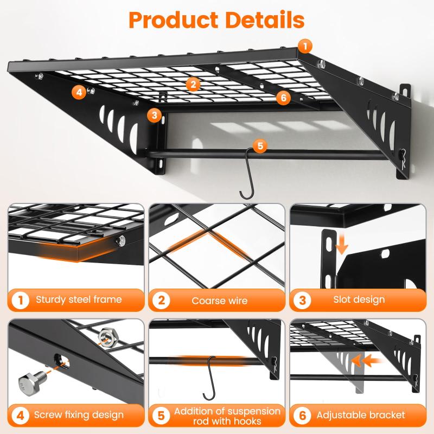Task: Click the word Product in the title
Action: (x=173, y=20)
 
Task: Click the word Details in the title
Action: (x=265, y=20)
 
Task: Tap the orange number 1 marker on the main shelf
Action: (x=305, y=46)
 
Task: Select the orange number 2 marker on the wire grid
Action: (x=193, y=84)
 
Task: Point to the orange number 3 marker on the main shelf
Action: (x=154, y=115)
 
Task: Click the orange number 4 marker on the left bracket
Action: (x=79, y=92)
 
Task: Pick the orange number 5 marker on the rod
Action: (x=260, y=146)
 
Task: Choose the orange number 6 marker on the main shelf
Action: (x=283, y=98)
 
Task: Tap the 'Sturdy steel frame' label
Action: (x=79, y=299)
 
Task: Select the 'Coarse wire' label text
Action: (x=220, y=301)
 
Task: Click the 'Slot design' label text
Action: (x=359, y=299)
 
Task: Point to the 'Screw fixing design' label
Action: (x=79, y=415)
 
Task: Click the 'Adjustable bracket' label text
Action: (x=361, y=415)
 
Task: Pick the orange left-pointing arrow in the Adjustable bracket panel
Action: (x=366, y=361)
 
